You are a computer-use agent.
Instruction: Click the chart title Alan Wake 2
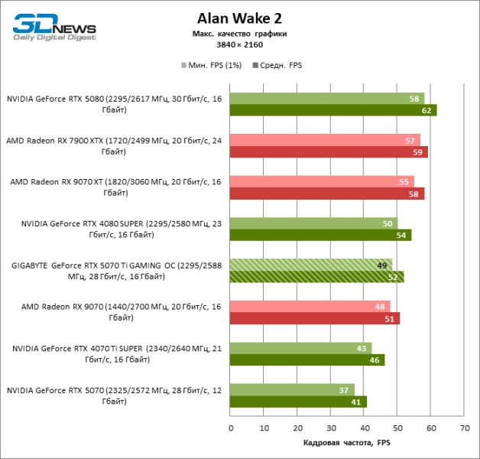[241, 18]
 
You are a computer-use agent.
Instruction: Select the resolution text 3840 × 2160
[241, 44]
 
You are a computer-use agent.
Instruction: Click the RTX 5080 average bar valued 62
[333, 110]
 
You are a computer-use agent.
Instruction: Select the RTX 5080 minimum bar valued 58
[327, 99]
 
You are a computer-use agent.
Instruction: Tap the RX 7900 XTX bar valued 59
[329, 151]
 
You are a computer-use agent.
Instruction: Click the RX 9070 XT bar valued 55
[322, 182]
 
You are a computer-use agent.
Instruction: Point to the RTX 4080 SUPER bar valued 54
[320, 235]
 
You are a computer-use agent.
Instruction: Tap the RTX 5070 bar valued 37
[292, 389]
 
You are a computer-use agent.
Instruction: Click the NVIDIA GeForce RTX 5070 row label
[115, 396]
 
